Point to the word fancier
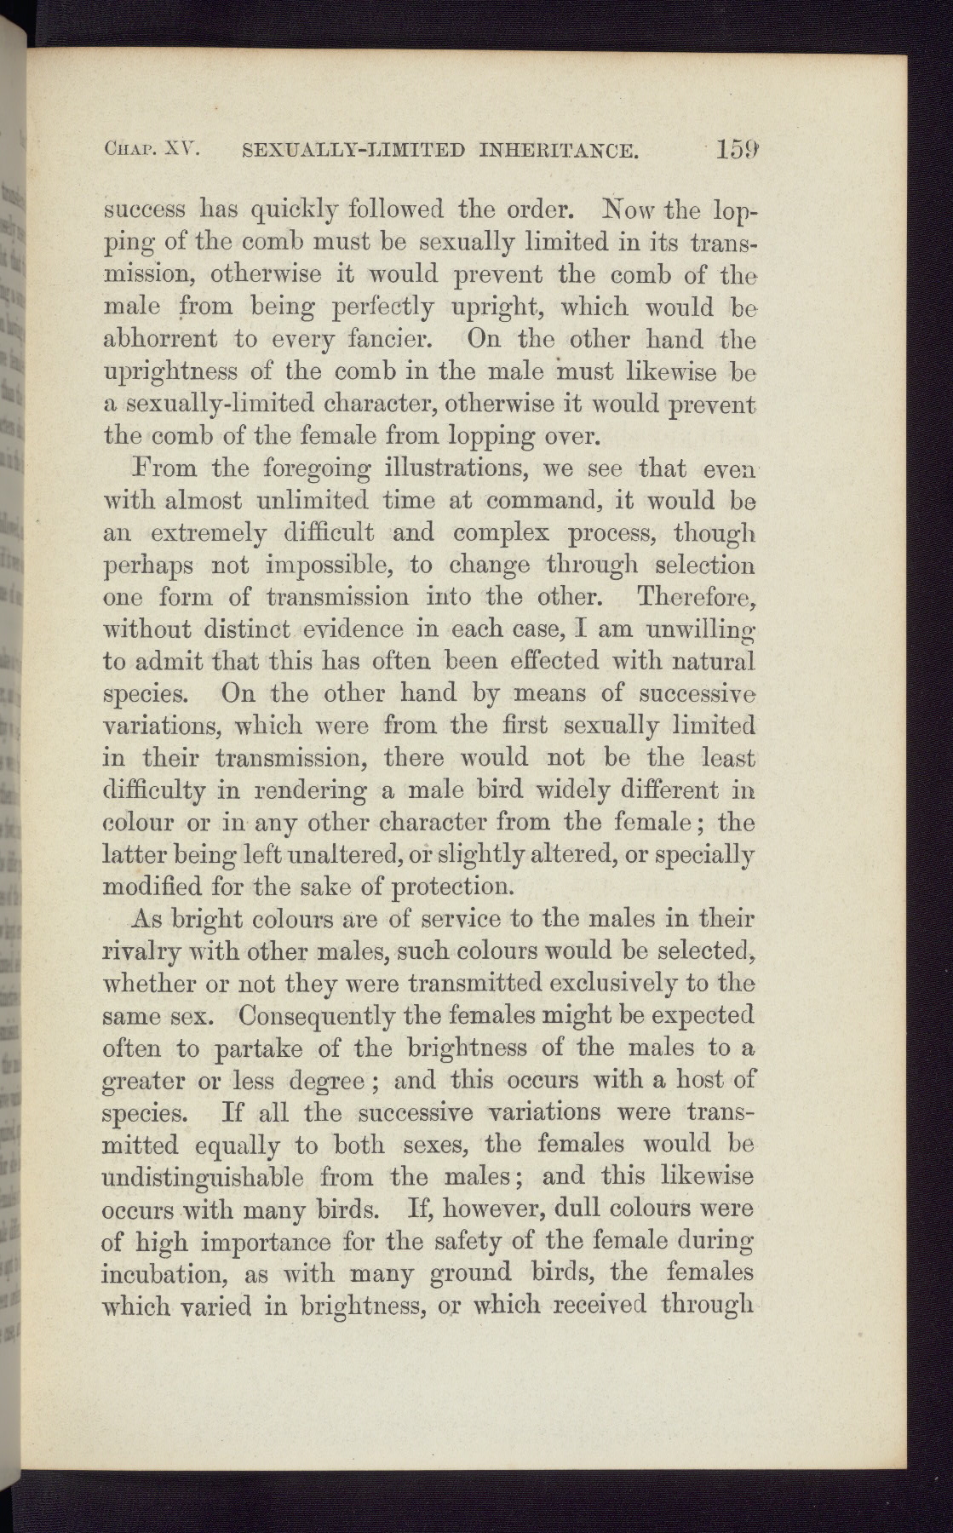(397, 339)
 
